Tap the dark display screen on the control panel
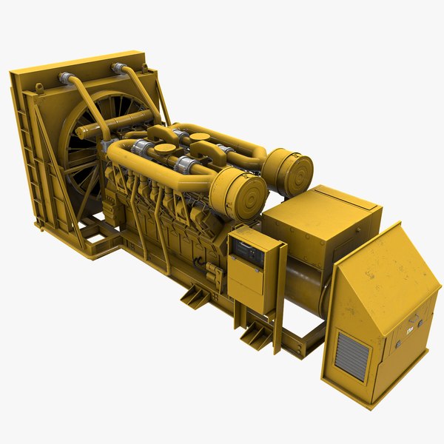pos(246,254)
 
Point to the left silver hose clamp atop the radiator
pos(64,77)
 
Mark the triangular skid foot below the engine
pos(194,296)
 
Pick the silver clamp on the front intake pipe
pos(186,164)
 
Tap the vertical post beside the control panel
pos(280,296)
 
